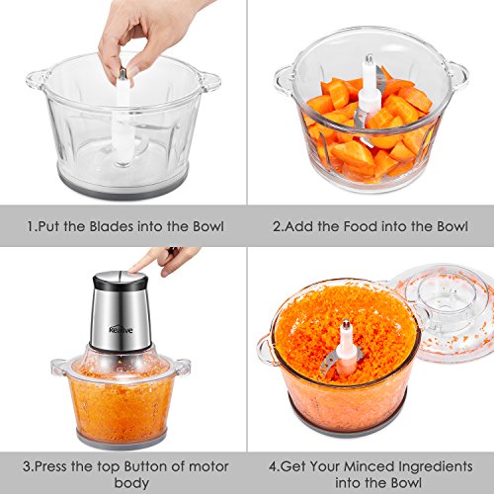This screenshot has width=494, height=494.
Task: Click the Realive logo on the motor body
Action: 121,329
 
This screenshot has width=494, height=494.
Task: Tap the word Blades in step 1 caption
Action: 112,226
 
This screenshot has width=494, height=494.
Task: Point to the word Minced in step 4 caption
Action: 369,466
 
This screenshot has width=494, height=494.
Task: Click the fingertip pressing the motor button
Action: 134,270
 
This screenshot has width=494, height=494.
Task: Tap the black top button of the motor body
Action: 121,281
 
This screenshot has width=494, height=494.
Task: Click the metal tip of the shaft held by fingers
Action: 123,73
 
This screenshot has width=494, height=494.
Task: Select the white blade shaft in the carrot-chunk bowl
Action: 370,89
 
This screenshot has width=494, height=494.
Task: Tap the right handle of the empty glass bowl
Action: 209,81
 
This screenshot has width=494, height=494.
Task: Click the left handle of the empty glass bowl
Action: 37,80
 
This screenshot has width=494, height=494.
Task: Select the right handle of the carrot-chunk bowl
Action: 457,74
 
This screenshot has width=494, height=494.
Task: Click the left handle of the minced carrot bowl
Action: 265,350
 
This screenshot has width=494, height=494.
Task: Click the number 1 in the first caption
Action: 31,226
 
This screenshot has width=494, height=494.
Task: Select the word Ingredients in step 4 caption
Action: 436,467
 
